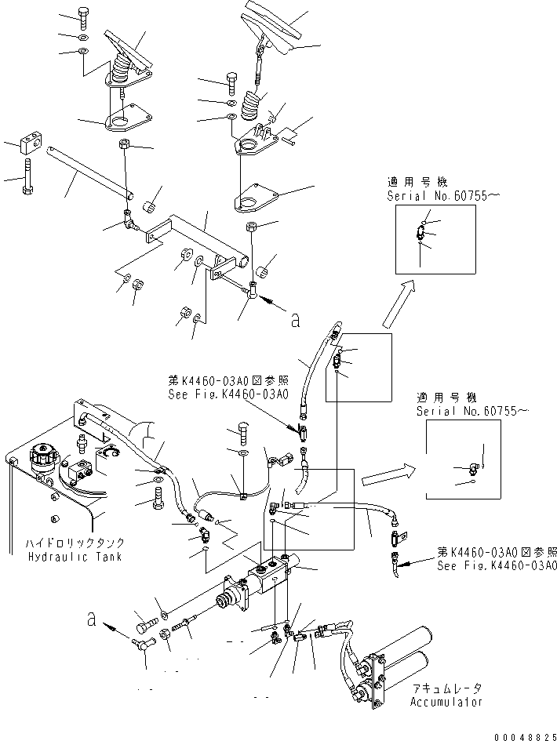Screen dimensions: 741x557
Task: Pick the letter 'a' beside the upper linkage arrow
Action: point(294,319)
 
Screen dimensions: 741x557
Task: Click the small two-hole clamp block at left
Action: point(31,143)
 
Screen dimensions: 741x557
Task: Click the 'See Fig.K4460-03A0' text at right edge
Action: point(496,565)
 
